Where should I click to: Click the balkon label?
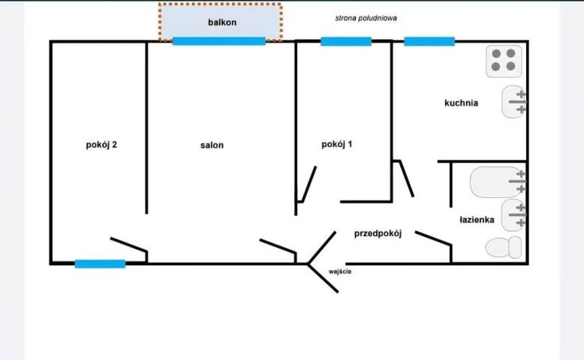221,22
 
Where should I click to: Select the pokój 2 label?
101,145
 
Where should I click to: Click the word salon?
211,145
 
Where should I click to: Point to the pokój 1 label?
336,144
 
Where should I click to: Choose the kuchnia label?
461,103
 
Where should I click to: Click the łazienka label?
477,220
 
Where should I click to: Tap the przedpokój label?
378,233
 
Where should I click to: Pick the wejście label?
340,271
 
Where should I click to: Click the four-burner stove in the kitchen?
504,60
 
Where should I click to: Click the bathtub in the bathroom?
497,181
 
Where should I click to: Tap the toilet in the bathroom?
503,247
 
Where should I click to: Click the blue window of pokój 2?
100,264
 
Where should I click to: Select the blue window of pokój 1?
346,42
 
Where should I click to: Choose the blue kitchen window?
429,42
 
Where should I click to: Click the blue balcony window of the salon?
218,41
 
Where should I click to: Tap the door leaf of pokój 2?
128,245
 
